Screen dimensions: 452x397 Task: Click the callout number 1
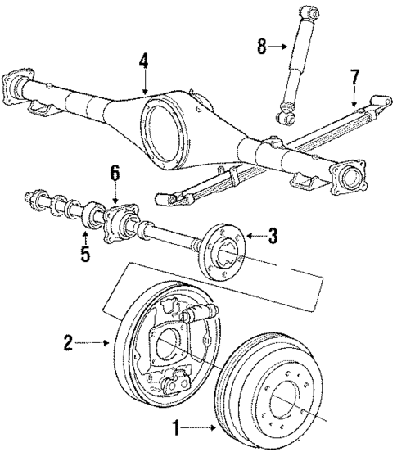pos(174,426)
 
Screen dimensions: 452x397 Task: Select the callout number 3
pos(273,237)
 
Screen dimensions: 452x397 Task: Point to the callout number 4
pos(144,61)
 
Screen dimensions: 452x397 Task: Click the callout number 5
pos(85,255)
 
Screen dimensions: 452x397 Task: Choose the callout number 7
pos(354,79)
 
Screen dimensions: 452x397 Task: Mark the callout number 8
pos(261,46)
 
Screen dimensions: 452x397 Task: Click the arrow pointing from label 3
pos(255,237)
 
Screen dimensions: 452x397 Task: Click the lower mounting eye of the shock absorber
pos(287,120)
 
